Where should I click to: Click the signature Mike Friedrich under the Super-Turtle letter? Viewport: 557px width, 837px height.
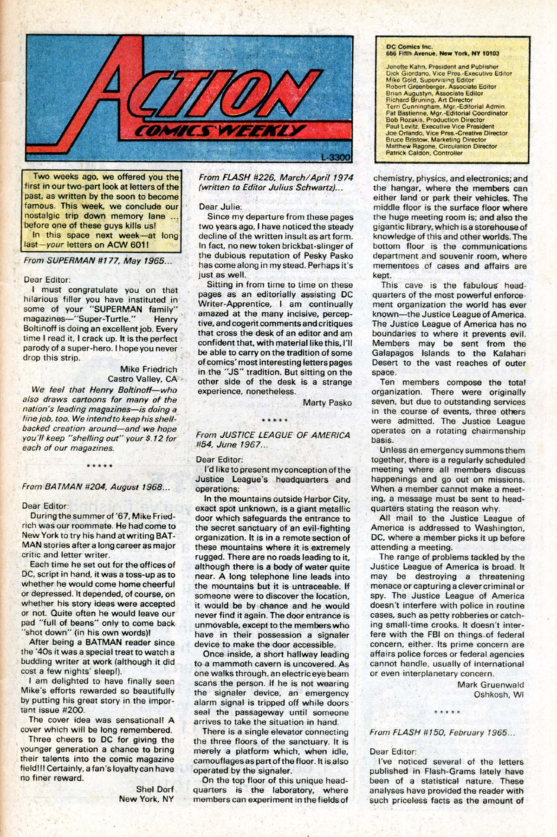(149, 369)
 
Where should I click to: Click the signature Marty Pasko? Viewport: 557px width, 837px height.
(327, 402)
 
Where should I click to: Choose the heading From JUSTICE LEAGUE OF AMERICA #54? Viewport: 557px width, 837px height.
(273, 440)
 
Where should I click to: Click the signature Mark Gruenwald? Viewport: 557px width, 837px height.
(491, 684)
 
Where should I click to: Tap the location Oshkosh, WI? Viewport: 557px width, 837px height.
(499, 694)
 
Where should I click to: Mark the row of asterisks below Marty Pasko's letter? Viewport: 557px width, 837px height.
(275, 420)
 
